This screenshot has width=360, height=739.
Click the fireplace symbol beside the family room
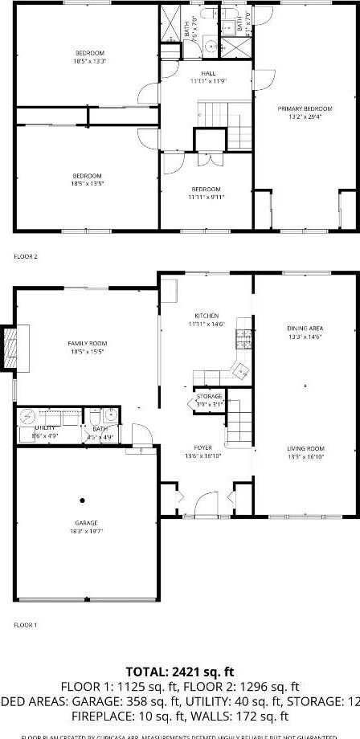click(10, 347)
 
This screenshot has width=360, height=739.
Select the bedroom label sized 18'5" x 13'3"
click(87, 56)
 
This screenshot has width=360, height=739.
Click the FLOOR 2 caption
click(26, 256)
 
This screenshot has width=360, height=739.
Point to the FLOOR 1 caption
click(26, 624)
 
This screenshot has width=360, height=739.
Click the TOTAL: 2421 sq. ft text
click(180, 671)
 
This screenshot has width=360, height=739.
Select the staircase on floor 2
click(225, 125)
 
